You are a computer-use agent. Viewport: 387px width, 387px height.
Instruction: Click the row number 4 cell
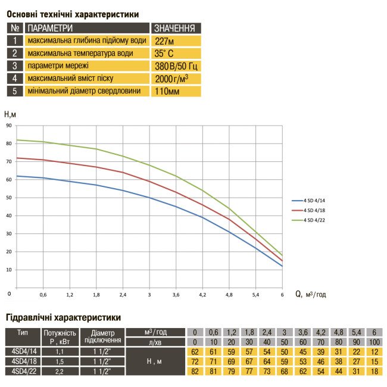(x=15, y=78)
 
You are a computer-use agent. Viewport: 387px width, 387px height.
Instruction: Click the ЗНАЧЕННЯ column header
(x=175, y=28)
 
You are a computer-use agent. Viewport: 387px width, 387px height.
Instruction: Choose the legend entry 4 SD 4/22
(x=316, y=220)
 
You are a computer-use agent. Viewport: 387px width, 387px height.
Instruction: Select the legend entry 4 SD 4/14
(x=316, y=201)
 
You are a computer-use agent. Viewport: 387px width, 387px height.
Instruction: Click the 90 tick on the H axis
(x=9, y=126)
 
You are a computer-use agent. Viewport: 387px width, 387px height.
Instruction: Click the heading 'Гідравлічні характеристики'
(x=64, y=317)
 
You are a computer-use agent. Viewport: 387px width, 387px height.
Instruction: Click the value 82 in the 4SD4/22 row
(x=194, y=371)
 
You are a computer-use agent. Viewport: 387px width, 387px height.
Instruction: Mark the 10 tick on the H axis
(x=9, y=269)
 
